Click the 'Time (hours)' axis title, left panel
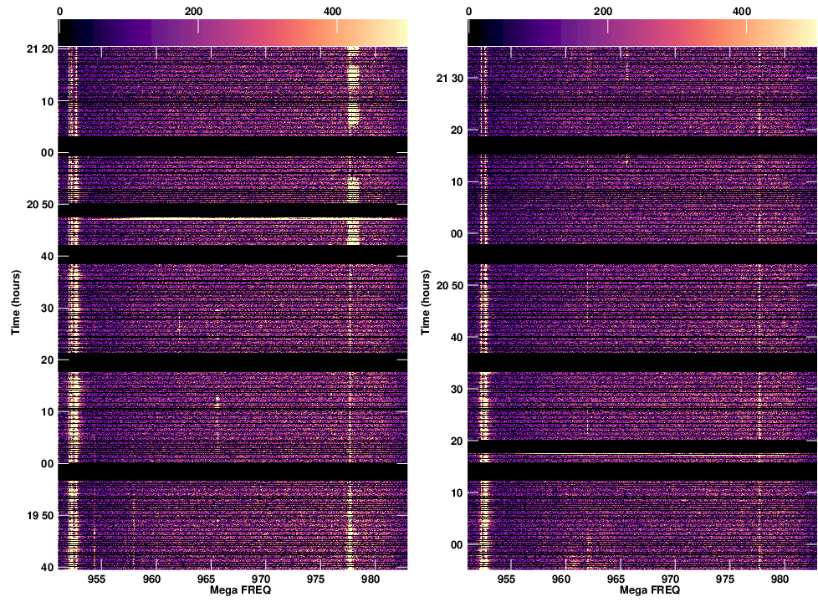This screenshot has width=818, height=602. [15, 302]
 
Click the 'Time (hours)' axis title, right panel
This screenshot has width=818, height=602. [425, 302]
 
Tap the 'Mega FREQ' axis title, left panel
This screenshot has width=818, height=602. [232, 590]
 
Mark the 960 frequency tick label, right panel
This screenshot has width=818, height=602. [561, 579]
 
